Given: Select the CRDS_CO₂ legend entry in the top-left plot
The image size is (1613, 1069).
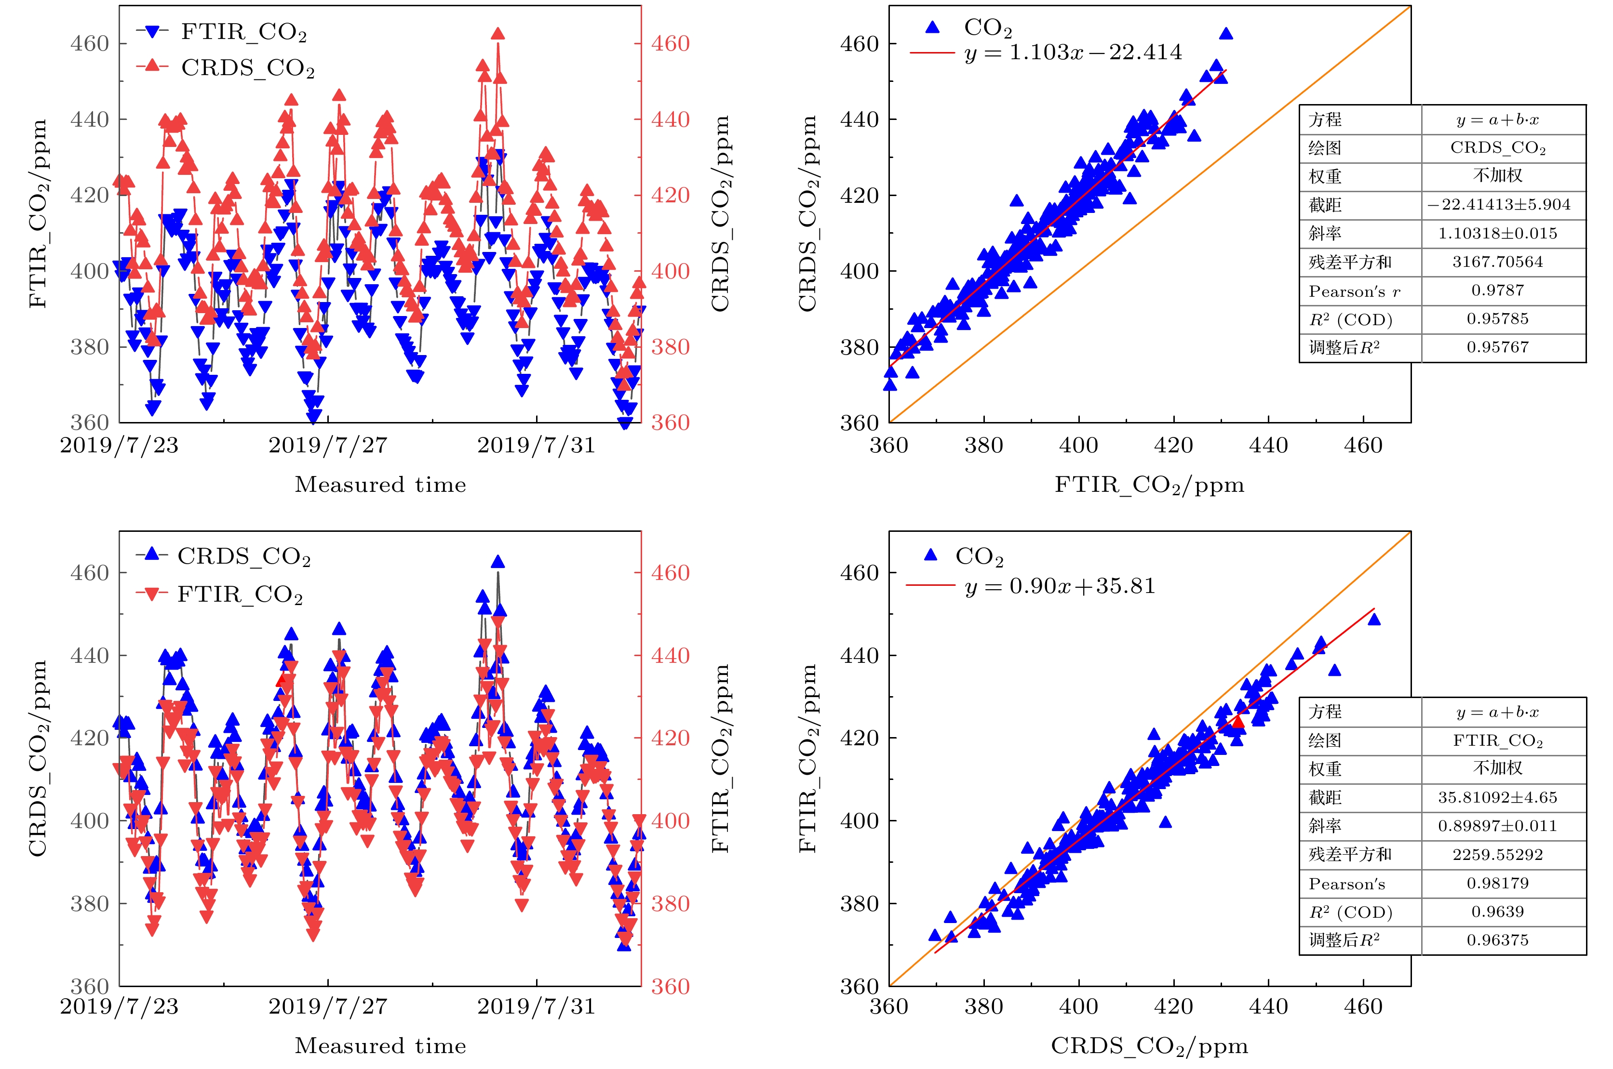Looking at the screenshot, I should (247, 68).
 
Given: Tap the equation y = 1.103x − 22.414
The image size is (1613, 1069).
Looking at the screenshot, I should (1073, 53).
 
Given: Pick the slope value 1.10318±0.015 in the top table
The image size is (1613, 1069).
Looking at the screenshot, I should (1497, 234).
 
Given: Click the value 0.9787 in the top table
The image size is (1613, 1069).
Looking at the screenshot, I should (1497, 290).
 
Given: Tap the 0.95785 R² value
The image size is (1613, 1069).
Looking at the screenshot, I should (1497, 319).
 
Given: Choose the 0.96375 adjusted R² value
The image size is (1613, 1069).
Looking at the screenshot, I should (1497, 940).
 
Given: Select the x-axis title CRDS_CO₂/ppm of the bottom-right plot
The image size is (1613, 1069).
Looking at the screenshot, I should (1149, 1046).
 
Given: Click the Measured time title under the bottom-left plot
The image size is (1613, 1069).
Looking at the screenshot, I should (380, 1046).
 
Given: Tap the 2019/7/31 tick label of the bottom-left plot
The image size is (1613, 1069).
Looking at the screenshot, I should (536, 1007).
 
